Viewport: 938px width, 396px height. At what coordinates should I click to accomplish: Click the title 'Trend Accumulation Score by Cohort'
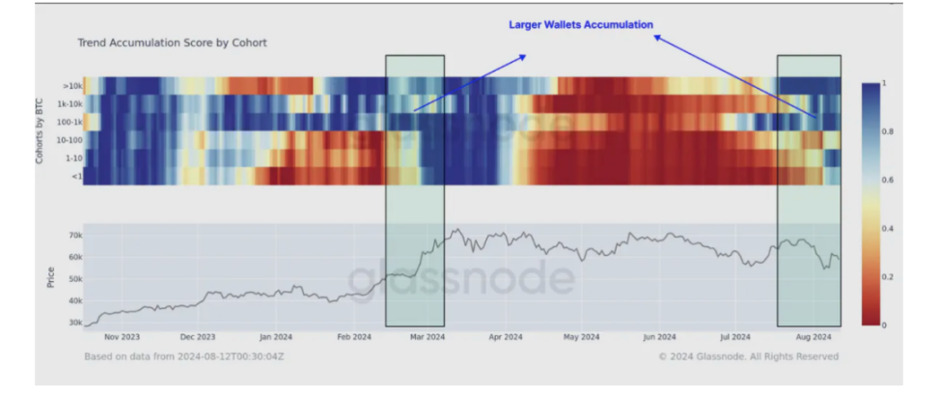(172, 43)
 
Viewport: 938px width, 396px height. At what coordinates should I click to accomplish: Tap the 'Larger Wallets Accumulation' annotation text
(581, 24)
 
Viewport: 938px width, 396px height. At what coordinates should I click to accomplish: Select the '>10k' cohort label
(69, 85)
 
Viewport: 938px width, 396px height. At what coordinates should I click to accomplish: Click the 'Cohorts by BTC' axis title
(41, 130)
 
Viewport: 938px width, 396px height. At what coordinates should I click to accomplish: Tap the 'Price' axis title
(50, 277)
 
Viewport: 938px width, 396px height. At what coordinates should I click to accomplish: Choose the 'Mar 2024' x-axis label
(428, 337)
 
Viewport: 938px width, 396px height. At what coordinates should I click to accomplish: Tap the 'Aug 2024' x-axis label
(813, 337)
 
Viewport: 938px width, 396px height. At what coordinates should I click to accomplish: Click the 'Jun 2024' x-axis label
(658, 337)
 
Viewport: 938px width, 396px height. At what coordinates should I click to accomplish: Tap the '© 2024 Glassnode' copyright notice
(748, 356)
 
